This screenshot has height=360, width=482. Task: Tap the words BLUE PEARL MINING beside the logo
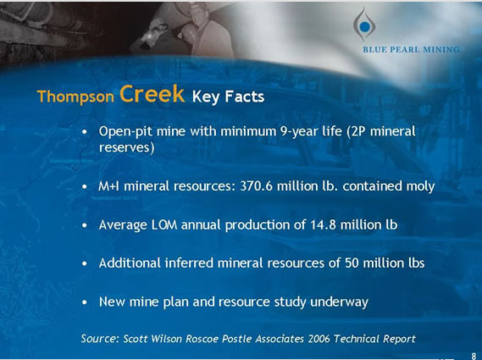[x=411, y=50]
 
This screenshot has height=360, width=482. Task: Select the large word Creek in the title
[x=152, y=94]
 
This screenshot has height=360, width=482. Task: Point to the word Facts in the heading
[x=245, y=97]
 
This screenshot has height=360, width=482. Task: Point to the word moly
[x=419, y=186]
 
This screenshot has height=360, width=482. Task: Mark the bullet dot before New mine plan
[x=86, y=302]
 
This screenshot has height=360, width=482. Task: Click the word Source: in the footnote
[x=100, y=339]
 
